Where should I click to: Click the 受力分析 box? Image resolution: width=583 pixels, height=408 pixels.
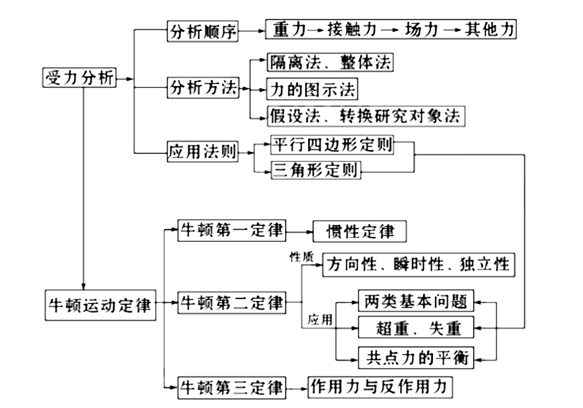(x=79, y=79)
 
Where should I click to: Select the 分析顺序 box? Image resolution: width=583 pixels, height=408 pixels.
(x=203, y=31)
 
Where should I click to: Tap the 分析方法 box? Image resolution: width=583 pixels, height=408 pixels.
(x=203, y=88)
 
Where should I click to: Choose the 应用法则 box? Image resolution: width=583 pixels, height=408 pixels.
(x=203, y=151)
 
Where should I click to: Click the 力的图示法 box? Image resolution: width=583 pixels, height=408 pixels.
(x=312, y=90)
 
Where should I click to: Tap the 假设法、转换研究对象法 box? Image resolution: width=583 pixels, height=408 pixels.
(x=365, y=116)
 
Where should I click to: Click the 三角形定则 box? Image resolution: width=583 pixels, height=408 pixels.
(x=315, y=170)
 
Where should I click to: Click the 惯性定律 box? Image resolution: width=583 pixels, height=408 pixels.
(x=360, y=231)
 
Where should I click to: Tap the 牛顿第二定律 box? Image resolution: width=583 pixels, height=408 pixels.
(x=232, y=303)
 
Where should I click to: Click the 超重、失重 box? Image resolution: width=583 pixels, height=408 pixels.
(x=417, y=328)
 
